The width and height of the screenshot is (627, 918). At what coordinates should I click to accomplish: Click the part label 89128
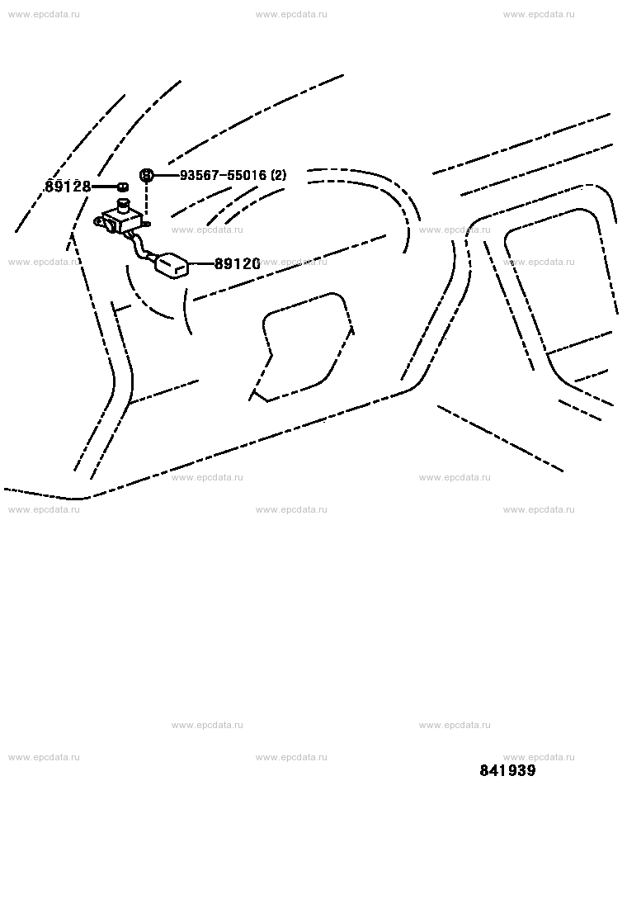(x=68, y=187)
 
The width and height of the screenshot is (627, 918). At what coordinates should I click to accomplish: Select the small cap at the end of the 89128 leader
(x=122, y=187)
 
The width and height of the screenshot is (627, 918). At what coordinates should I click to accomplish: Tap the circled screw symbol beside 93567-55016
(x=146, y=174)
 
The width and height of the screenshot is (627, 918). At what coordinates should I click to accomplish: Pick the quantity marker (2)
(x=278, y=175)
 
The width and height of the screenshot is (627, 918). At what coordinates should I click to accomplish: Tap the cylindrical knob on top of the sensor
(x=124, y=206)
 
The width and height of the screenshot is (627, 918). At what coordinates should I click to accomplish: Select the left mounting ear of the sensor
(x=101, y=222)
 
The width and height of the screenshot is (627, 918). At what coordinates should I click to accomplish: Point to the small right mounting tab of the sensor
(x=147, y=223)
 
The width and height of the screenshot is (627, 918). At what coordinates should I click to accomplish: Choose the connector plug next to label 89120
(x=172, y=265)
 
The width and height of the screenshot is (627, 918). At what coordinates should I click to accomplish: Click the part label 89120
(x=237, y=264)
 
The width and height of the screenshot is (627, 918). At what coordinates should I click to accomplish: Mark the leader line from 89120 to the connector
(x=202, y=264)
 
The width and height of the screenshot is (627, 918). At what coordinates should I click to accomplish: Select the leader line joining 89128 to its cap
(x=105, y=187)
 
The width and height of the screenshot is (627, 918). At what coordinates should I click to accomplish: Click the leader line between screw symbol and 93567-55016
(x=166, y=175)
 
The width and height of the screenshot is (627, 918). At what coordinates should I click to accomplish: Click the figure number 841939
(x=507, y=770)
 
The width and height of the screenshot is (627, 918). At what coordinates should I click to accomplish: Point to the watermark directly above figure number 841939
(x=539, y=757)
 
